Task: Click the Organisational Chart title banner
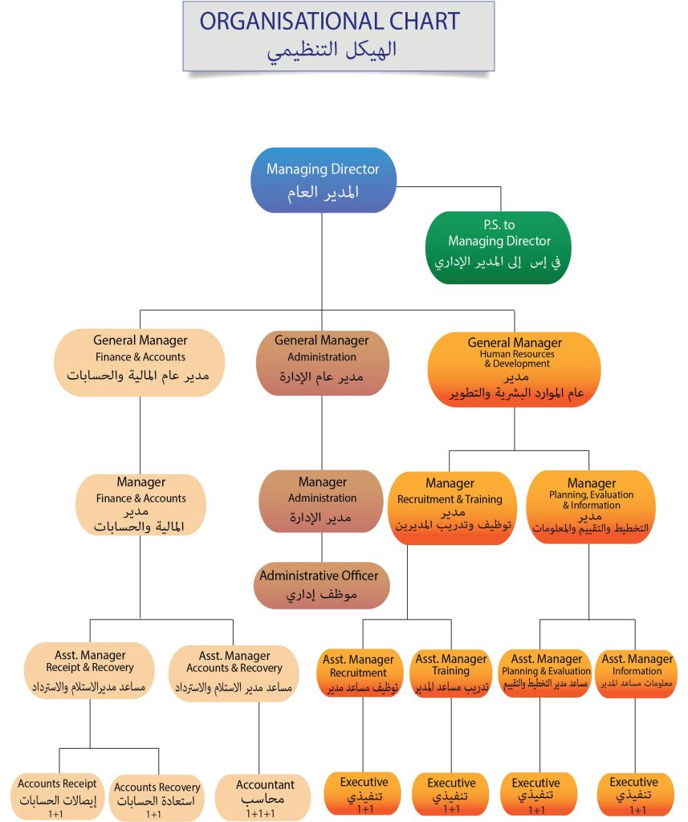click(338, 36)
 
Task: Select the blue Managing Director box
click(323, 181)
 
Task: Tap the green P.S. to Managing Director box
click(499, 247)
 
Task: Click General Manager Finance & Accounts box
click(140, 362)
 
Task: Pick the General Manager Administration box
click(322, 362)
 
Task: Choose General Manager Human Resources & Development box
click(515, 367)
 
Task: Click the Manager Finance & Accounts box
click(140, 505)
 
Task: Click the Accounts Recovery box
click(157, 798)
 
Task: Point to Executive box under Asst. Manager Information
click(633, 794)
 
